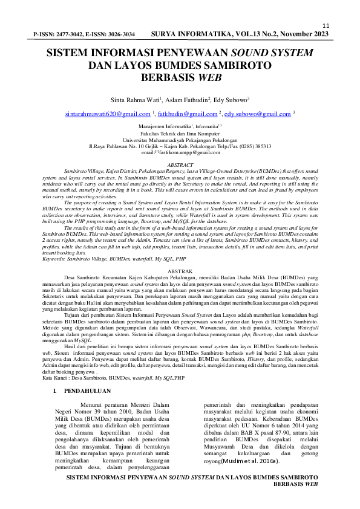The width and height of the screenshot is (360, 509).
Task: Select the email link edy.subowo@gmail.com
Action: [258, 114]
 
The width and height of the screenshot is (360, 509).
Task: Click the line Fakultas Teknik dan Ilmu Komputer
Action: [180, 132]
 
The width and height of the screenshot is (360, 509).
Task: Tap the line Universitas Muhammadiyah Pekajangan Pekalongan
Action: [180, 139]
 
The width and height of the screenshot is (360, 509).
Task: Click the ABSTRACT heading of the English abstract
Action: [180, 164]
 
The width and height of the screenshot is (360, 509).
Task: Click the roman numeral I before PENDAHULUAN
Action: [55, 392]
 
